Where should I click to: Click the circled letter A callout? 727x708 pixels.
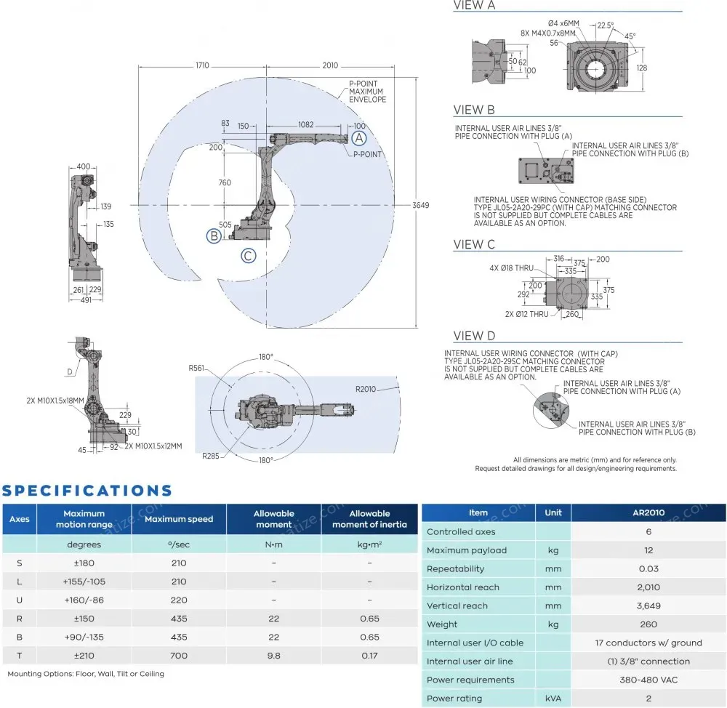tap(359, 137)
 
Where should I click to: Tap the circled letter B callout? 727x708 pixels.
tap(214, 236)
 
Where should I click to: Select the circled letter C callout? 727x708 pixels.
tap(249, 255)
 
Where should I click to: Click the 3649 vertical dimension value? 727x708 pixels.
tap(421, 205)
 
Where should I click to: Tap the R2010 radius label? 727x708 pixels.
tap(366, 389)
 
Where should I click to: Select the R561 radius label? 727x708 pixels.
tap(196, 369)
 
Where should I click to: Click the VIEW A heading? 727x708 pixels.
tap(474, 6)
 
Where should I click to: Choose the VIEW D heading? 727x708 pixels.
tap(474, 336)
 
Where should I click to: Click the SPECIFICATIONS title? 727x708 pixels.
tap(87, 491)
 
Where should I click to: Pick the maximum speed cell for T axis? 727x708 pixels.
tap(179, 656)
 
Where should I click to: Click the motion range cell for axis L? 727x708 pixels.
tap(84, 582)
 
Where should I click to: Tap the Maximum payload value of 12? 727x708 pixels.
tap(648, 550)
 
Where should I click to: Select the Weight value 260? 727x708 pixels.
tap(648, 624)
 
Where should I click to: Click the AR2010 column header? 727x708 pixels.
tap(648, 512)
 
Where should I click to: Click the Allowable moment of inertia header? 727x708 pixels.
tap(369, 519)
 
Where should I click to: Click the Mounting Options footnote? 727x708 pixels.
tap(86, 674)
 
